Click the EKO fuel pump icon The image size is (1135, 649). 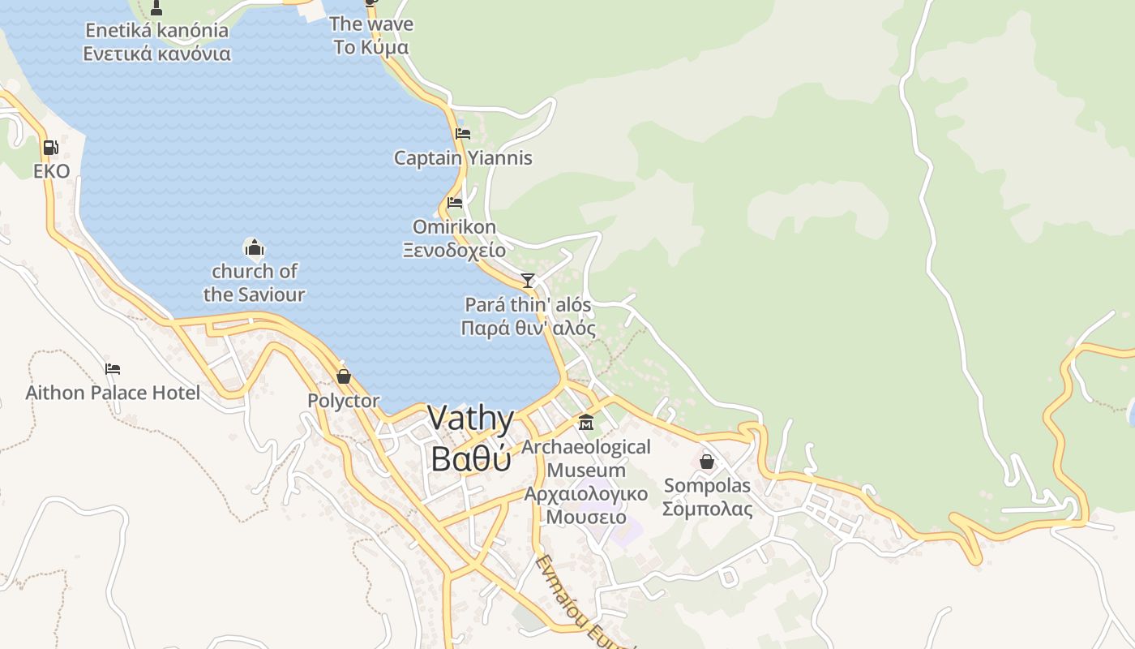click(x=50, y=148)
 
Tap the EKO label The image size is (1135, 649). click(x=52, y=171)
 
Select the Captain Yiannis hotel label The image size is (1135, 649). click(x=463, y=158)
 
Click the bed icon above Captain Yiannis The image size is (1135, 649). click(x=463, y=133)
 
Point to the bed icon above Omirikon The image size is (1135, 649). click(x=455, y=202)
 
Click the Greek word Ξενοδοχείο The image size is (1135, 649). click(x=454, y=250)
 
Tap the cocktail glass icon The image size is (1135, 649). click(x=528, y=281)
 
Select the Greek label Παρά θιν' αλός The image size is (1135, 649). click(x=528, y=329)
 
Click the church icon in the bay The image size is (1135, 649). click(x=254, y=247)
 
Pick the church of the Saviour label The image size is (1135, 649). click(x=254, y=282)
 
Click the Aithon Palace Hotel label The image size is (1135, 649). click(x=113, y=393)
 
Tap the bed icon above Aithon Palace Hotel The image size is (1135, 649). click(x=113, y=369)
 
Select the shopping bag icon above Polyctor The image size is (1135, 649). click(x=343, y=376)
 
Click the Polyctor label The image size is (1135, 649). click(x=343, y=401)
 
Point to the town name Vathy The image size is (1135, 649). click(x=470, y=419)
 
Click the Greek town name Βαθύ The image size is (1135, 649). click(x=470, y=458)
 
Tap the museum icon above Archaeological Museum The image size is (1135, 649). click(x=585, y=423)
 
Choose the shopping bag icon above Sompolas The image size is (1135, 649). click(x=707, y=462)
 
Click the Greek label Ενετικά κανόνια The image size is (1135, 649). click(x=156, y=54)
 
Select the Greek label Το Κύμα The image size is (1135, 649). click(x=371, y=47)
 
